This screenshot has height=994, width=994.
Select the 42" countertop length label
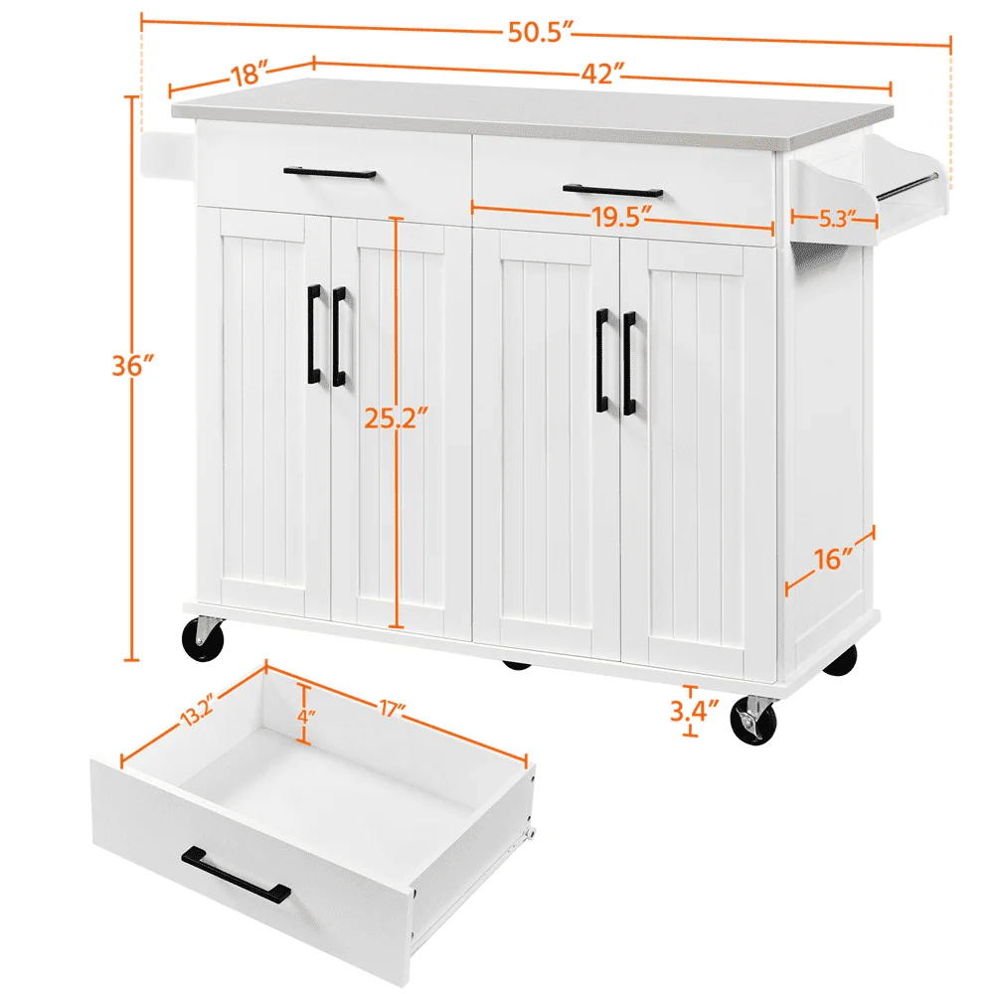(603, 72)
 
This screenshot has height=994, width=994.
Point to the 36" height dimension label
(132, 366)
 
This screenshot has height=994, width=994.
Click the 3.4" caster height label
(692, 712)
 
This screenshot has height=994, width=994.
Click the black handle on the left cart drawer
(329, 173)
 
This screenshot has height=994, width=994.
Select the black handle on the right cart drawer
(611, 190)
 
